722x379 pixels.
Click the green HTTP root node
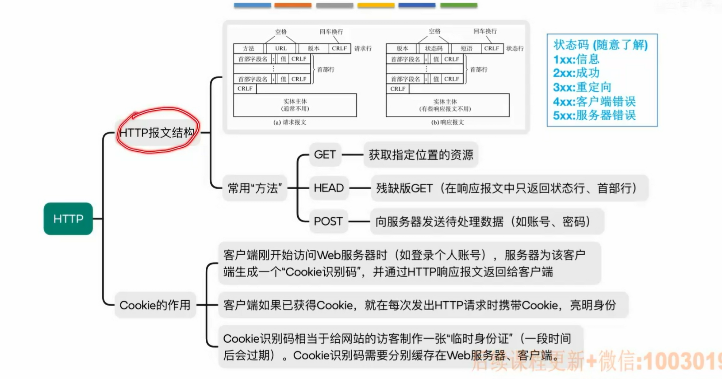68,218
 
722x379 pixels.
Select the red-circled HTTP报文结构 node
157,132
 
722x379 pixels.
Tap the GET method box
325,155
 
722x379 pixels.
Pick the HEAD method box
328,188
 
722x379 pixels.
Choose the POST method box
328,221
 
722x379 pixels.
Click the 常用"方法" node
254,188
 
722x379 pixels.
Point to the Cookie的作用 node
155,305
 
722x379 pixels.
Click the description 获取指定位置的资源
421,155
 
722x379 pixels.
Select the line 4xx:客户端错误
594,101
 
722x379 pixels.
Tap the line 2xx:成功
576,73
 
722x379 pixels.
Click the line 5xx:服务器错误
594,115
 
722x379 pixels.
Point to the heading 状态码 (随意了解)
600,45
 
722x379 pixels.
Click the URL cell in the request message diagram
281,49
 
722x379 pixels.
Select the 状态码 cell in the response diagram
434,49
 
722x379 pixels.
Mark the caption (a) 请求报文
290,122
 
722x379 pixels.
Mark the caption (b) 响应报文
447,122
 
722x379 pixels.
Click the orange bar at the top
293,5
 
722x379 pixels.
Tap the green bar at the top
459,5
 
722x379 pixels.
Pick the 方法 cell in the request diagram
249,49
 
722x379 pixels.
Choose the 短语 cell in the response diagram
466,49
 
